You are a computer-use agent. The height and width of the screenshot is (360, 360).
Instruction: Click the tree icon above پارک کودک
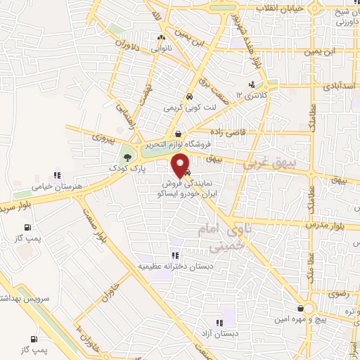pos(127,157)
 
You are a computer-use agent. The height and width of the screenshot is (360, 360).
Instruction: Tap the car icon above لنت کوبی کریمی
pos(189,98)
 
